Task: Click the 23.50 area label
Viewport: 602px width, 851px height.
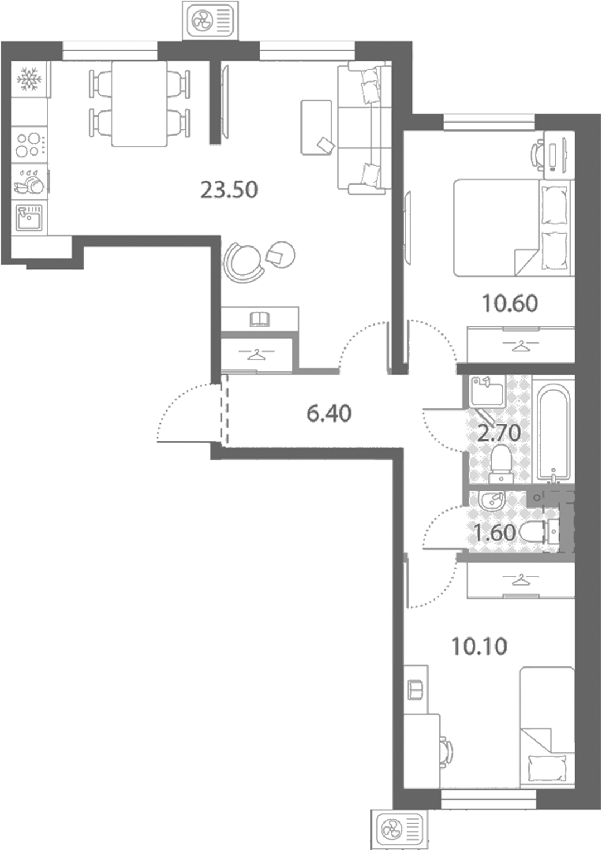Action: point(229,190)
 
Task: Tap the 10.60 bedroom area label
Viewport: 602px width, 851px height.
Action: point(509,303)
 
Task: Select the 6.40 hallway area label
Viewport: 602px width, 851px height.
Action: point(329,414)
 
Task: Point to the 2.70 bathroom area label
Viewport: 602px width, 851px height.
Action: point(498,433)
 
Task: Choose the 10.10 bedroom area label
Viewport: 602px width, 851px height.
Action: point(479,646)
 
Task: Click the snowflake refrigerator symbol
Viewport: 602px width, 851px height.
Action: point(29,79)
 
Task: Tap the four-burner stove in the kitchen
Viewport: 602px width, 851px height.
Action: point(29,145)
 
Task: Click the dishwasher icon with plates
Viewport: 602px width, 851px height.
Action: point(29,182)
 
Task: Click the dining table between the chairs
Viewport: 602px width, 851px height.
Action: point(139,104)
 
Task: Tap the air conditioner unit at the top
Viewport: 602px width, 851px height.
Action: point(211,20)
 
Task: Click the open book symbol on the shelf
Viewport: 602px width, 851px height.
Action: point(260,319)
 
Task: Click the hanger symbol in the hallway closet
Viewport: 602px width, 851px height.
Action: point(256,354)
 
